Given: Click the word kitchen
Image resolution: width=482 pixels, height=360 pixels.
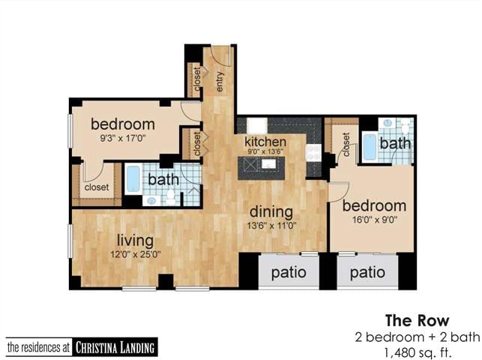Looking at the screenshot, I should (265, 141).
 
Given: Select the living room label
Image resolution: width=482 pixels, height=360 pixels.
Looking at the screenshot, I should (135, 241).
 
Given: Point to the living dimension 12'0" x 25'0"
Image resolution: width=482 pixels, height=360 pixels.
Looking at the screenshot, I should (135, 254).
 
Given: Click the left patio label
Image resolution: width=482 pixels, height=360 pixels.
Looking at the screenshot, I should (288, 272).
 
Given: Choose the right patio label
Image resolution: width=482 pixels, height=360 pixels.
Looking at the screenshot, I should (367, 272).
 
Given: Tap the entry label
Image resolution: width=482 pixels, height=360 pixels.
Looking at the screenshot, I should (220, 80).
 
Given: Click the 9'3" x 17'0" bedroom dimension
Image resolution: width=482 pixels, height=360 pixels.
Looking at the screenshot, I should (123, 138).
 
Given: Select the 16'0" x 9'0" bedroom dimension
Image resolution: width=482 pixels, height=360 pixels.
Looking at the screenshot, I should (374, 220).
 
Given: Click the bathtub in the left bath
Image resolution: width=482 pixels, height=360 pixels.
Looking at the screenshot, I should (133, 180).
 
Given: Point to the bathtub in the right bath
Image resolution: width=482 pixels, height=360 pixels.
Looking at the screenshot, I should (370, 146).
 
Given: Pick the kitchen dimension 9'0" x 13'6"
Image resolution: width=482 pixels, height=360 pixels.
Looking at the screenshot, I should (265, 152).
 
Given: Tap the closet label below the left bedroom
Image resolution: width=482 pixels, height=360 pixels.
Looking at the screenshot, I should (96, 187).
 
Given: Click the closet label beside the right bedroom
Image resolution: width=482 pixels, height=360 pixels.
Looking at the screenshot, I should (346, 144).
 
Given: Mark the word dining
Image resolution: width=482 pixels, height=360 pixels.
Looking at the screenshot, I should (273, 211).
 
